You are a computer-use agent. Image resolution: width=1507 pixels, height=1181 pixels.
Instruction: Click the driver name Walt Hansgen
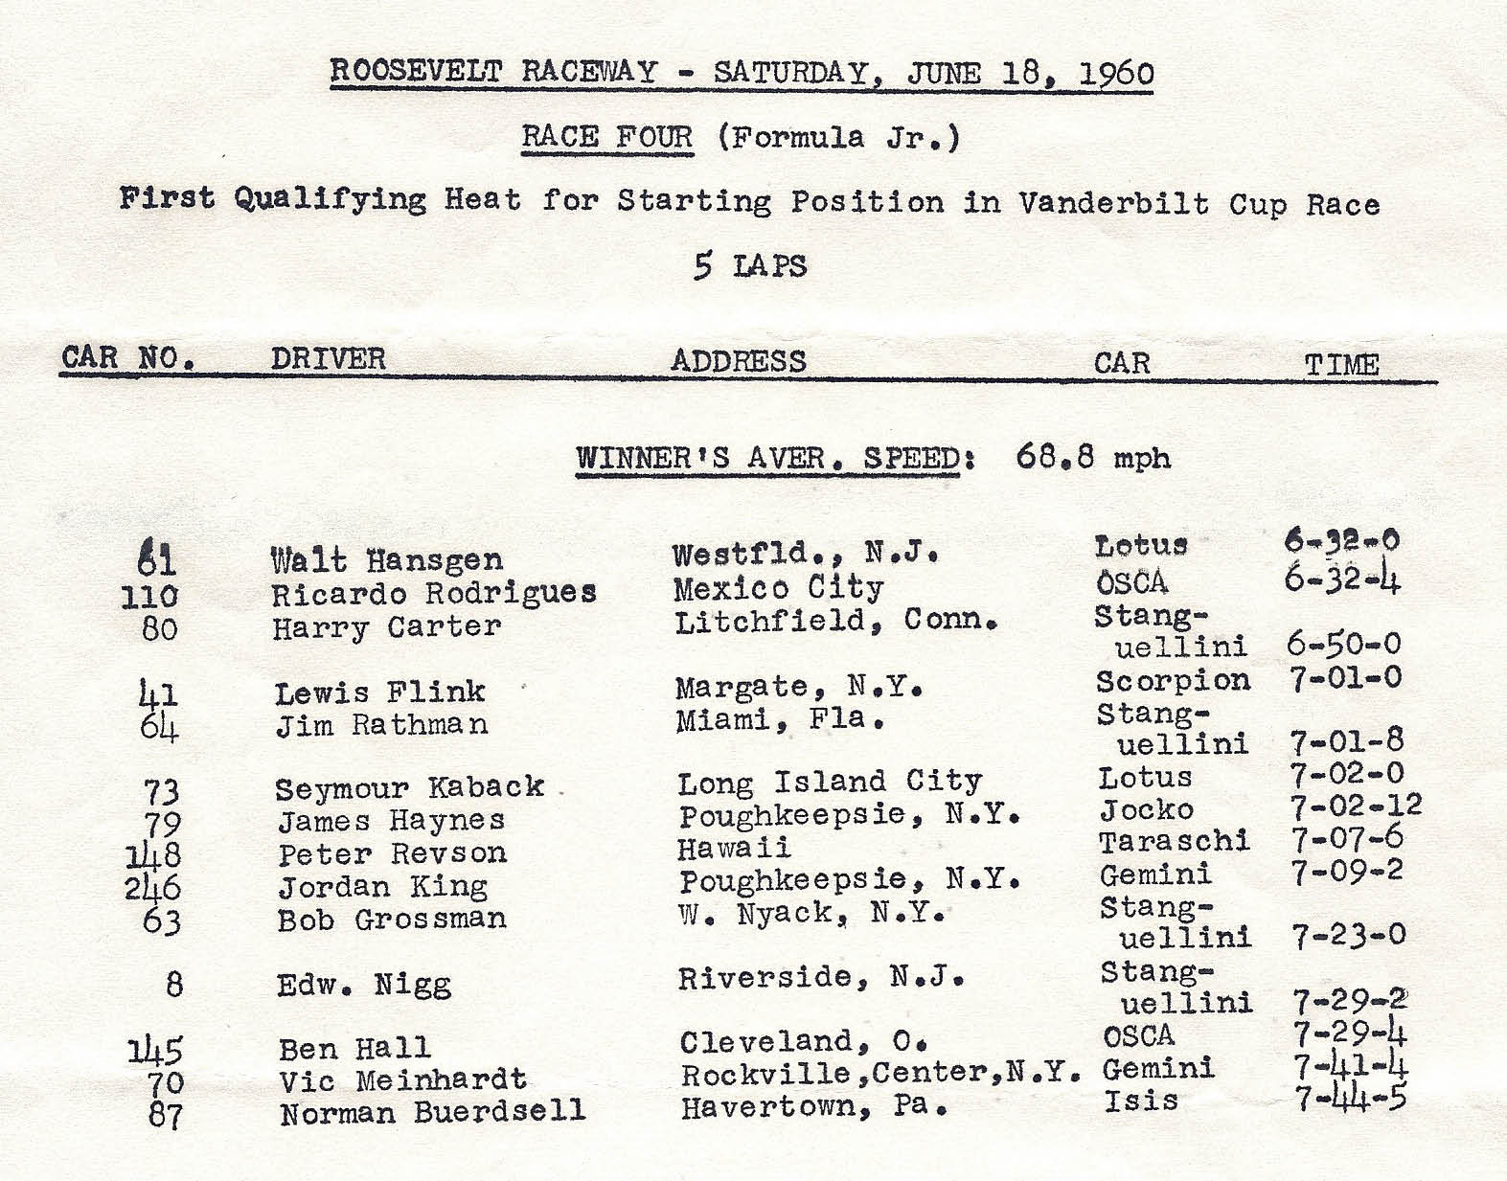click(x=386, y=560)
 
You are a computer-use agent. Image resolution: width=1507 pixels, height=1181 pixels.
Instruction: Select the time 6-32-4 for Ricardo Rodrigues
click(x=1342, y=580)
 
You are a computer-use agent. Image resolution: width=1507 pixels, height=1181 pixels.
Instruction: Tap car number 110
click(x=149, y=597)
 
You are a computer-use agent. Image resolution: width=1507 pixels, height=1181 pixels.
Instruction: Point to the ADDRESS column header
click(x=739, y=361)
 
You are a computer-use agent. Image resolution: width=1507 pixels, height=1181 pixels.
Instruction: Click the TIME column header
click(x=1341, y=365)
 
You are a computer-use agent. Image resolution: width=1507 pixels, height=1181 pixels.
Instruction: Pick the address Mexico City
click(x=778, y=587)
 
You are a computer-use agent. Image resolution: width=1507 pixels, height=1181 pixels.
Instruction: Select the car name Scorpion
click(x=1174, y=681)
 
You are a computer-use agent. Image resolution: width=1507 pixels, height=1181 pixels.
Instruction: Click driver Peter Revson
click(x=392, y=853)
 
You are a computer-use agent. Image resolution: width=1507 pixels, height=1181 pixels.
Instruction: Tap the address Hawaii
click(x=734, y=848)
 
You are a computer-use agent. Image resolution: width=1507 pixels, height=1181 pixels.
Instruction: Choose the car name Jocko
click(x=1146, y=810)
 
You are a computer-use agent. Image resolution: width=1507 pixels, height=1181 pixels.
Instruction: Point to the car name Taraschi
click(x=1174, y=842)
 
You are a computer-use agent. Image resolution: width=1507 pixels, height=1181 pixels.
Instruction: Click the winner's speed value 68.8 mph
click(x=1093, y=457)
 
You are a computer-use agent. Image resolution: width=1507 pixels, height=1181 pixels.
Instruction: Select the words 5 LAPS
click(x=750, y=265)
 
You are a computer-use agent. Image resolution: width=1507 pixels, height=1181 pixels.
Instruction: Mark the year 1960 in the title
click(x=1116, y=74)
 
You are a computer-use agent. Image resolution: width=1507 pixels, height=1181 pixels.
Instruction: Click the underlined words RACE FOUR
click(x=607, y=137)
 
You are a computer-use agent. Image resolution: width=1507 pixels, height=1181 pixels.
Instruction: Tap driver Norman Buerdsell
click(x=432, y=1113)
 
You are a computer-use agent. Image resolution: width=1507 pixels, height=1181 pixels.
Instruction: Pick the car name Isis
click(x=1140, y=1101)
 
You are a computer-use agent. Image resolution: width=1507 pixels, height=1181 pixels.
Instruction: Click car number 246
click(x=152, y=888)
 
